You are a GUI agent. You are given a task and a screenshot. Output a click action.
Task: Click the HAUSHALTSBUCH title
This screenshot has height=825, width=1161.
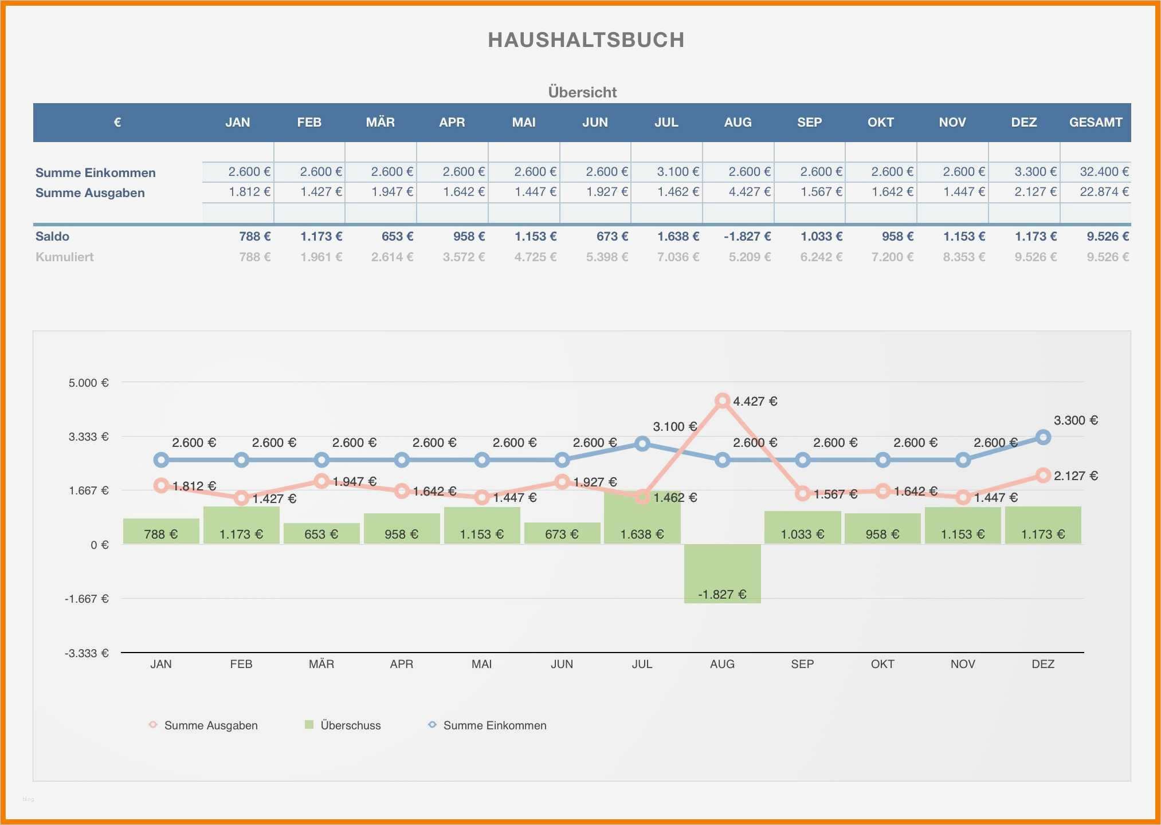pyautogui.click(x=586, y=40)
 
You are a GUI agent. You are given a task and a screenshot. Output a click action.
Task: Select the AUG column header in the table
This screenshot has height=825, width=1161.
pyautogui.click(x=738, y=122)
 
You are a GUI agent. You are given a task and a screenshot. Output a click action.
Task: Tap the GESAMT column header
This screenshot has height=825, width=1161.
pyautogui.click(x=1095, y=122)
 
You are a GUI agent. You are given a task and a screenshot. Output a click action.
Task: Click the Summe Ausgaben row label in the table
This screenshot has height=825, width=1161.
pyautogui.click(x=90, y=193)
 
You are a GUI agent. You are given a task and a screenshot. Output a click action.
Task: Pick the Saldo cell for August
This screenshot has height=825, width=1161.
pyautogui.click(x=747, y=236)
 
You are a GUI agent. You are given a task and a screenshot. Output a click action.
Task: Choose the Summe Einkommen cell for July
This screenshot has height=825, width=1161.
pyautogui.click(x=677, y=172)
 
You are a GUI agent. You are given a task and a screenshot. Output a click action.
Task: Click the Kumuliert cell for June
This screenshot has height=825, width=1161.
pyautogui.click(x=606, y=257)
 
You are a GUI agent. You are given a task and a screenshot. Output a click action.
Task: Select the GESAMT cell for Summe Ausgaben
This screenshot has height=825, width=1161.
pyautogui.click(x=1104, y=192)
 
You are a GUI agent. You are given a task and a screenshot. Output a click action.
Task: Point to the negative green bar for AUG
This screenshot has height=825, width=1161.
pyautogui.click(x=722, y=573)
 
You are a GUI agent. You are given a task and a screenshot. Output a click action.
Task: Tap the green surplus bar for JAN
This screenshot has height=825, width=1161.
pyautogui.click(x=161, y=531)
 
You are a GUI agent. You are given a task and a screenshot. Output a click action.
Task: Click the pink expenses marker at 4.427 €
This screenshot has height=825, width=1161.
pyautogui.click(x=723, y=400)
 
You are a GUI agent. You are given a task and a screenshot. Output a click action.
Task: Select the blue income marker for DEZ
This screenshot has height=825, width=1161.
pyautogui.click(x=1043, y=437)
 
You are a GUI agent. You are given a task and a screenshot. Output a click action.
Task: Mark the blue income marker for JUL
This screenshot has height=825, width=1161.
pyautogui.click(x=642, y=443)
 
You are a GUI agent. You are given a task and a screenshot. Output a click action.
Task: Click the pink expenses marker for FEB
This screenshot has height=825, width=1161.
pyautogui.click(x=241, y=498)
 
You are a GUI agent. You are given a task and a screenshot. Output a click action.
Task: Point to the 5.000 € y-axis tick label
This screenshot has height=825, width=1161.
pyautogui.click(x=89, y=383)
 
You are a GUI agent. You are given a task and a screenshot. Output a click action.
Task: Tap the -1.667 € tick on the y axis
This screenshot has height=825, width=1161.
pyautogui.click(x=87, y=599)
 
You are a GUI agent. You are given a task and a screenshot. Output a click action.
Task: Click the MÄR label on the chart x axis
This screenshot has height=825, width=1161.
pyautogui.click(x=321, y=664)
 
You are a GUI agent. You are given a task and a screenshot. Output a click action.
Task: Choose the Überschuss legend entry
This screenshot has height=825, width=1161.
pyautogui.click(x=343, y=725)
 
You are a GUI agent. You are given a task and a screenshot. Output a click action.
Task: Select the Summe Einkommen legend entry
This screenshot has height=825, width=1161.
pyautogui.click(x=488, y=725)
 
